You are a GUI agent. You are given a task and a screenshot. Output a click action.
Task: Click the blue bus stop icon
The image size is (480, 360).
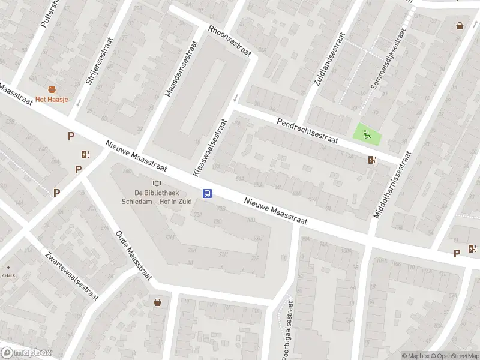208,193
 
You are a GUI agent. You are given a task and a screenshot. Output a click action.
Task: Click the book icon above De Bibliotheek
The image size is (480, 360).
157,183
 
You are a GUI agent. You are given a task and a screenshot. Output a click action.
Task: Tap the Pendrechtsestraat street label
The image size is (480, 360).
308,131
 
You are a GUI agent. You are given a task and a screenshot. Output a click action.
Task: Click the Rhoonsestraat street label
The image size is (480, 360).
229,41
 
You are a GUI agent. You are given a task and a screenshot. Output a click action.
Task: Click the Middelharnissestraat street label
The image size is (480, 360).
392,185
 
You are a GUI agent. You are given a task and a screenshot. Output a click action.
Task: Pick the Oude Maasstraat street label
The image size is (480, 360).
133,251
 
